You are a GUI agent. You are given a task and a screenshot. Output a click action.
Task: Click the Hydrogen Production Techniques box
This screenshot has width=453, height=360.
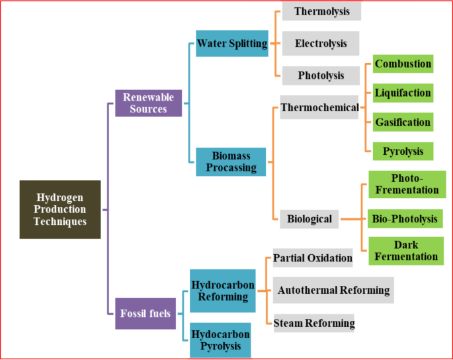(60, 209)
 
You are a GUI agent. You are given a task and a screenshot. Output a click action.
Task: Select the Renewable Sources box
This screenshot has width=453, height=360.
(148, 103)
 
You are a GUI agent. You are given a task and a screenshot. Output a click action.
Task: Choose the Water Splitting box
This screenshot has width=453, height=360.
(232, 44)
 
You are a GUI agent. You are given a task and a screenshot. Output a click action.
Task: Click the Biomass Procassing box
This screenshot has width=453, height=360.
(231, 161)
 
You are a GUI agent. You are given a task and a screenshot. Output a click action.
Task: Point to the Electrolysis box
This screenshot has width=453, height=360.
(321, 44)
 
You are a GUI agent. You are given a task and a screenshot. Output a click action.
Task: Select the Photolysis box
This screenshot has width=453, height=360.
(321, 75)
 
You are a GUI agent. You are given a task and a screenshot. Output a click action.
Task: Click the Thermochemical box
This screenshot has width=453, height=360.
(319, 107)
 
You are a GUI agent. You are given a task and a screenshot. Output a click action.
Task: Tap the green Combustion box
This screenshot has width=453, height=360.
(403, 64)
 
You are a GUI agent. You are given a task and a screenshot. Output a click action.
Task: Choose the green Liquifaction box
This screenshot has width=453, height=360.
(403, 93)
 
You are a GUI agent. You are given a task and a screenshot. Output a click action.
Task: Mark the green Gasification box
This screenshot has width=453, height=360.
(403, 122)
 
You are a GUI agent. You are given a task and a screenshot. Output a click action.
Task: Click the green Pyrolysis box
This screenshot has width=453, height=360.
(403, 151)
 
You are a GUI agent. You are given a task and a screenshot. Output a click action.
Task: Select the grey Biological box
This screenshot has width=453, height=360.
(309, 218)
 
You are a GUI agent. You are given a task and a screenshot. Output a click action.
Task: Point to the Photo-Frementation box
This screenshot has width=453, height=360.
(405, 184)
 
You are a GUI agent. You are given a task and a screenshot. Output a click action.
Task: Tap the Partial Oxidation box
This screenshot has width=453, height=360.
(313, 257)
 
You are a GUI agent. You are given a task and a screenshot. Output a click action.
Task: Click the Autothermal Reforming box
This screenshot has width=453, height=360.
(334, 290)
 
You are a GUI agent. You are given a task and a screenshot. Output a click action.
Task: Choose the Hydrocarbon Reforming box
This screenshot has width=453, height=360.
(222, 291)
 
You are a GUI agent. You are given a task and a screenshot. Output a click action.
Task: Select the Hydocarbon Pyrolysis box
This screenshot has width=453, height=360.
(221, 339)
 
